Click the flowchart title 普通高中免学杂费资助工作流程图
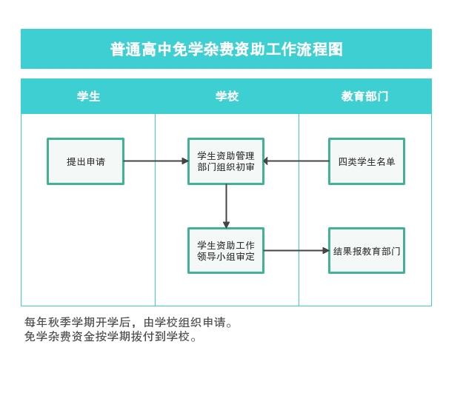[x=227, y=49]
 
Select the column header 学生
[x=89, y=96]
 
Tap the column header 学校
[x=227, y=96]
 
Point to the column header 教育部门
[x=364, y=96]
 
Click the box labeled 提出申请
[x=86, y=161]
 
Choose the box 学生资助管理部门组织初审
[x=226, y=161]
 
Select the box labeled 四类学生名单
[x=367, y=161]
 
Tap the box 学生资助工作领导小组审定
[x=226, y=251]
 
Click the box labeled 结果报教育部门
[x=367, y=251]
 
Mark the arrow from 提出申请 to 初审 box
[x=156, y=161]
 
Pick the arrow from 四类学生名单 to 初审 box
[x=296, y=161]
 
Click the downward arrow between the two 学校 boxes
[x=226, y=206]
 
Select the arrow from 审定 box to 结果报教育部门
[x=296, y=251]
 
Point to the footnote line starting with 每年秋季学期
[x=128, y=322]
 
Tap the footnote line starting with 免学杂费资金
[x=110, y=336]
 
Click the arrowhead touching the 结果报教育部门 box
[x=325, y=251]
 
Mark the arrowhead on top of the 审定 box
[x=226, y=225]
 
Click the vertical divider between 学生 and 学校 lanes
[x=155, y=209]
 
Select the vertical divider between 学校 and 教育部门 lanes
[x=299, y=209]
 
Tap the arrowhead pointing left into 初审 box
[x=267, y=161]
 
